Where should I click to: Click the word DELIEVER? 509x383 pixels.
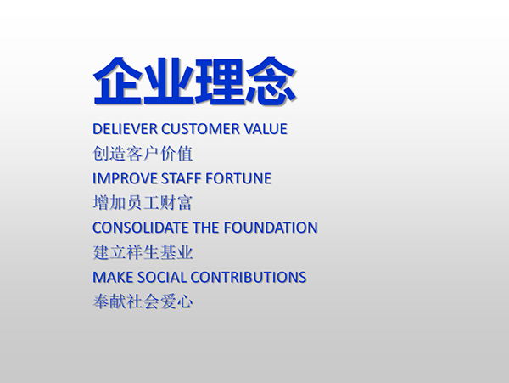pos(125,129)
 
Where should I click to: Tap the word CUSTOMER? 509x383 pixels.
pos(200,129)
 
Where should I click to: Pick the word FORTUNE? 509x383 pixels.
pos(238,178)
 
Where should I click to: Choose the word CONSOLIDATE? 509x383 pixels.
pos(140,228)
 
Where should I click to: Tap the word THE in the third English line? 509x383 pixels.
pos(206,228)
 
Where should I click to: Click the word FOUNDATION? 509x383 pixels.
pos(271,228)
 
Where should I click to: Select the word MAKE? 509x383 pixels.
pos(113,278)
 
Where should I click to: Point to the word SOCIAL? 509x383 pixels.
pos(162,278)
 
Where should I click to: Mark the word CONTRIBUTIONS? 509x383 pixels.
pos(249,278)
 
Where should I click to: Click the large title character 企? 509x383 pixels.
pos(118,81)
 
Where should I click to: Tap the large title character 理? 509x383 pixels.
pos(220,82)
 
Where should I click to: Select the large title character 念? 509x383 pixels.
pos(271,81)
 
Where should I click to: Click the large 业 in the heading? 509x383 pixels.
pos(169,82)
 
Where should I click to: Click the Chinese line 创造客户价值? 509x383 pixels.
pos(143,154)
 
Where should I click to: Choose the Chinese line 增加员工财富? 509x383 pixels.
pos(143,203)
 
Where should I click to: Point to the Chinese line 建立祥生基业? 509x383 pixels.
pos(143,252)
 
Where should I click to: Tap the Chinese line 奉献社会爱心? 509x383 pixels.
pos(143,301)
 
